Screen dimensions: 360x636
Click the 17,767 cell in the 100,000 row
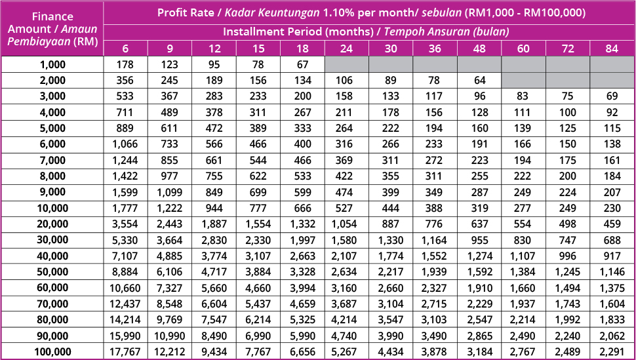[x=125, y=352]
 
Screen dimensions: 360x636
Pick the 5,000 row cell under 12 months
[x=213, y=129]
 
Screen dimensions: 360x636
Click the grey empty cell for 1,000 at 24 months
[x=346, y=64]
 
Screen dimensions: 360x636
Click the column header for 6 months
[x=125, y=49]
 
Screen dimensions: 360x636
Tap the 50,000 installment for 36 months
[x=435, y=272]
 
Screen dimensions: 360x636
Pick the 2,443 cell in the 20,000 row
[x=169, y=224]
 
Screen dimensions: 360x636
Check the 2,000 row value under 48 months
[x=479, y=81]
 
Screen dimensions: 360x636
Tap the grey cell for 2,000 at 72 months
[x=567, y=81]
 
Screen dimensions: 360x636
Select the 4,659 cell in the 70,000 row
[x=302, y=304]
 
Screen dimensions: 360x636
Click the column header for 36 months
[x=435, y=49]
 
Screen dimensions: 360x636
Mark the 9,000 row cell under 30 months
[x=390, y=192]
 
